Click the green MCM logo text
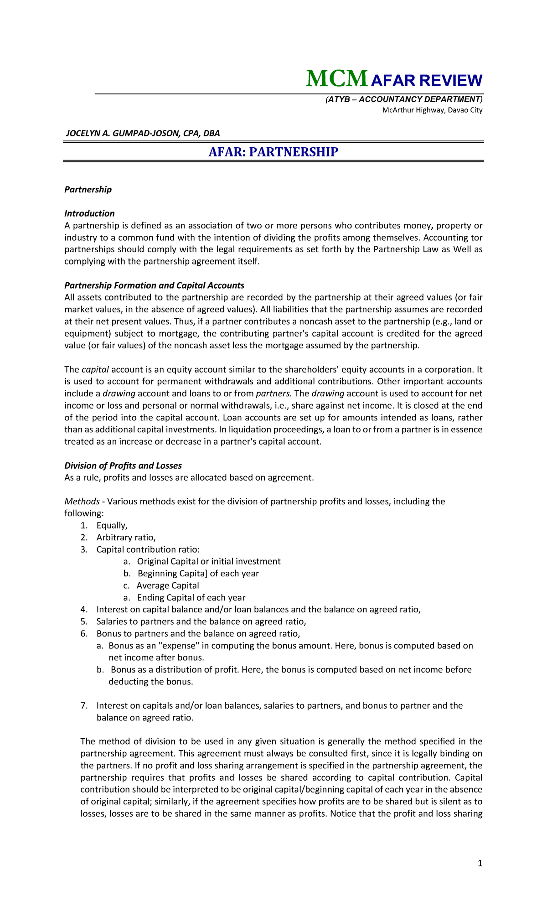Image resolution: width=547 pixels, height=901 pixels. click(x=336, y=79)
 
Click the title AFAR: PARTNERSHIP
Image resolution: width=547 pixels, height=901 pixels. click(x=273, y=152)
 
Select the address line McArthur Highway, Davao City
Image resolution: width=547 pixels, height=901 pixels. click(x=432, y=110)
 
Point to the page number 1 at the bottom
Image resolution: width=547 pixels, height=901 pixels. click(x=480, y=863)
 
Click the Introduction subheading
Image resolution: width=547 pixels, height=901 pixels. click(x=89, y=213)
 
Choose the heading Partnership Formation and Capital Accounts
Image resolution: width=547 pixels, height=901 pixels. click(x=154, y=285)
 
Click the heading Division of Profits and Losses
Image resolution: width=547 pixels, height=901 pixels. click(x=123, y=466)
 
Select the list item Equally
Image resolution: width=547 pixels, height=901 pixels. click(x=112, y=526)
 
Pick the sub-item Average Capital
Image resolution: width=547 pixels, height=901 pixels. click(x=168, y=585)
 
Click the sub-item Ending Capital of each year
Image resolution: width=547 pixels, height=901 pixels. click(x=191, y=598)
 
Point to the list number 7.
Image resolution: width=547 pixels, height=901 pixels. click(x=83, y=706)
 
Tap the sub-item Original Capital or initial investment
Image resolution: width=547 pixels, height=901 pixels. click(x=209, y=562)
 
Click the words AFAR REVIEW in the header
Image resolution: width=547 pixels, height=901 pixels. click(x=427, y=81)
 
